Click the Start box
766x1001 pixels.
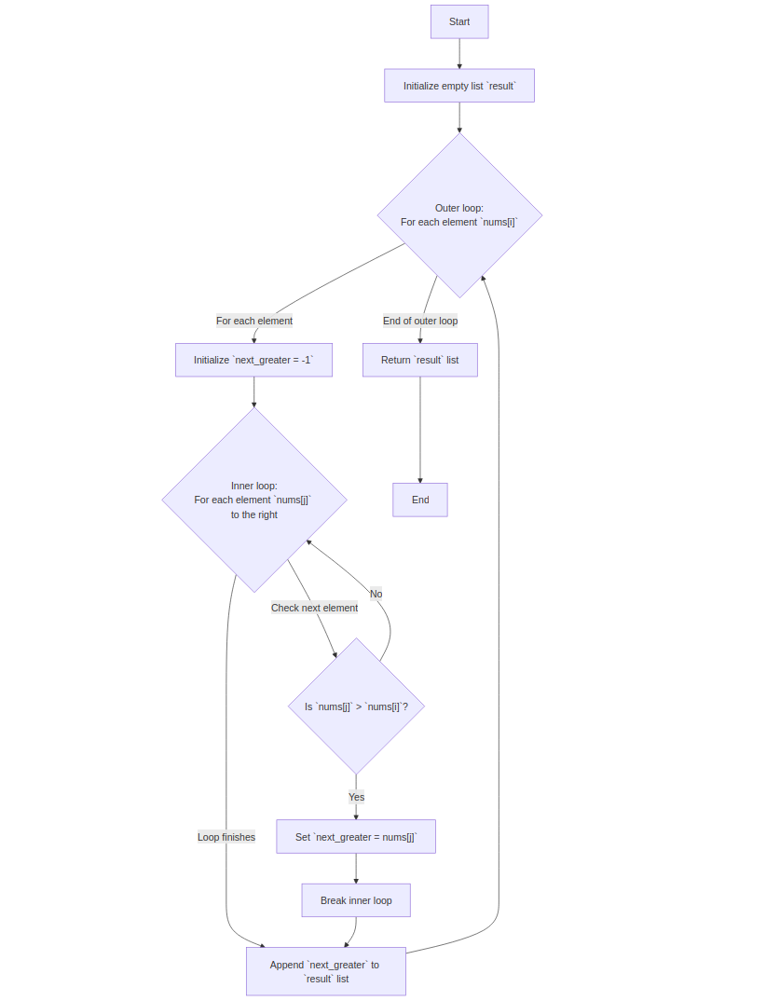click(x=458, y=21)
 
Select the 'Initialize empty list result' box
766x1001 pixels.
click(x=458, y=86)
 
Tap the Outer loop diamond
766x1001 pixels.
click(x=459, y=215)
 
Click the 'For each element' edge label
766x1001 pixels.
click(x=254, y=321)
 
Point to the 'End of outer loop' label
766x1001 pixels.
click(x=420, y=321)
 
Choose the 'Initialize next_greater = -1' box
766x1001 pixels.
click(x=253, y=360)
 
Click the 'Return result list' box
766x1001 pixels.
click(x=419, y=360)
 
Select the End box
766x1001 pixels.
click(x=420, y=500)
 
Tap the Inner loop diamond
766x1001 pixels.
click(x=254, y=500)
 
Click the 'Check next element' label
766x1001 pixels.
click(x=314, y=608)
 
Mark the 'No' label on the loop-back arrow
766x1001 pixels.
click(x=376, y=594)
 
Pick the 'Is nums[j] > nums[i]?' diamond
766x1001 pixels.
click(x=356, y=706)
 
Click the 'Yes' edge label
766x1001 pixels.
click(x=356, y=797)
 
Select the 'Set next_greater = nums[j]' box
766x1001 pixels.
click(x=355, y=837)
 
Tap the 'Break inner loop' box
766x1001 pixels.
click(x=356, y=900)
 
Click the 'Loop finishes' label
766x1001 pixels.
click(x=226, y=837)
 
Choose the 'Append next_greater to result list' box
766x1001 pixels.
click(x=325, y=971)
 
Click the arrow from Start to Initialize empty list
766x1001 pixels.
click(x=459, y=53)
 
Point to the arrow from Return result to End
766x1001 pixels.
click(x=420, y=429)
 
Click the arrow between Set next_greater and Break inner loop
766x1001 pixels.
click(x=356, y=868)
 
